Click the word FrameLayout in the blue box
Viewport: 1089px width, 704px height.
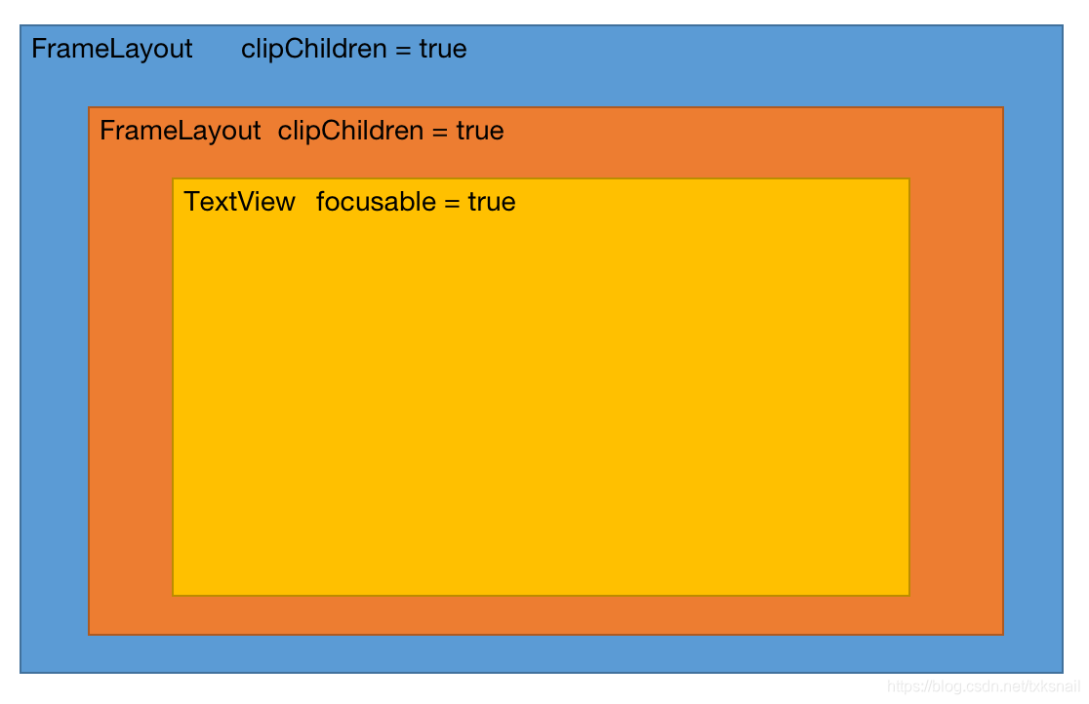tap(112, 50)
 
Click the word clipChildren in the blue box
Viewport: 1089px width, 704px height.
tap(314, 50)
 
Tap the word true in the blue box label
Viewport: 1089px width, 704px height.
tap(443, 50)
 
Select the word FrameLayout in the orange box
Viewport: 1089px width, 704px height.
tap(180, 131)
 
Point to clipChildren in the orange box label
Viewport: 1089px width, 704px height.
tap(350, 131)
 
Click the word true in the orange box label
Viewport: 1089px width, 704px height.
tap(480, 131)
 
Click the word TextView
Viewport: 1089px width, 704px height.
tap(240, 201)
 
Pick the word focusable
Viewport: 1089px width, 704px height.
tap(377, 201)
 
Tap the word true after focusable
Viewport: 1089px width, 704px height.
tap(492, 202)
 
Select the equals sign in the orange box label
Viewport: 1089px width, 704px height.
tap(440, 132)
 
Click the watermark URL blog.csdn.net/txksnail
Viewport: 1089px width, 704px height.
tap(984, 685)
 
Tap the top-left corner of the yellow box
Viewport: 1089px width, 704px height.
tap(173, 179)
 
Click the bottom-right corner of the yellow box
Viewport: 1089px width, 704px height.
tap(909, 595)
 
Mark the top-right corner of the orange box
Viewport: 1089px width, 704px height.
tap(1003, 107)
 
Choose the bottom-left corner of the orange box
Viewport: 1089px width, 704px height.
tap(89, 634)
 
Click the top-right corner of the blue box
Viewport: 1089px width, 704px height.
tap(1063, 25)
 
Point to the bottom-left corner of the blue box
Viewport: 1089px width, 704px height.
tap(20, 672)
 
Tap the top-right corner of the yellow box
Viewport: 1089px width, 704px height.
tap(909, 179)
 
